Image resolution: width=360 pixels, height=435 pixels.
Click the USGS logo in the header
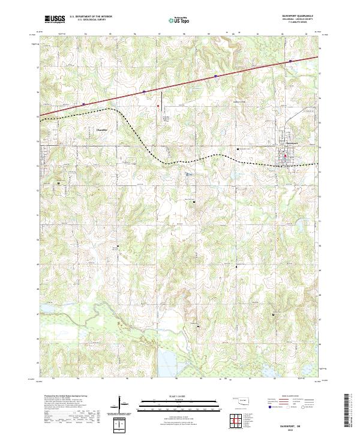(55, 19)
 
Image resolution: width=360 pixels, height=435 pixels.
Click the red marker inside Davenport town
(286, 157)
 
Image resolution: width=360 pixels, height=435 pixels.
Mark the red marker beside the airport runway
(158, 107)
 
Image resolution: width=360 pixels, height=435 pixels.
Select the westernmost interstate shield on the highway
(83, 103)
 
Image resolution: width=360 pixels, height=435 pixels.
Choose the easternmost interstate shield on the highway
(290, 61)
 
